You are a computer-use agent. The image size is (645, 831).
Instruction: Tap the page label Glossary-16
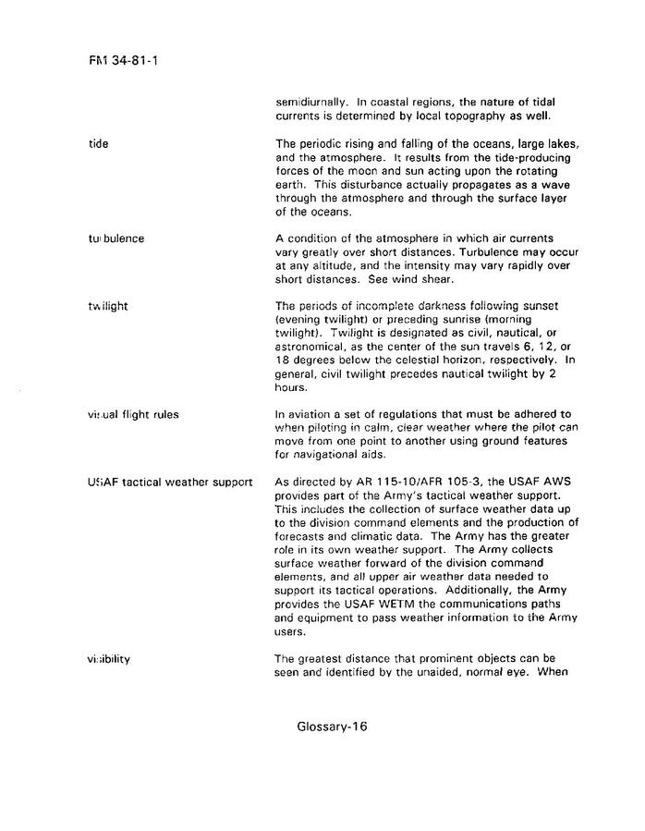[x=333, y=727]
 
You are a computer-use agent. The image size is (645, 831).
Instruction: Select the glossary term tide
[x=97, y=144]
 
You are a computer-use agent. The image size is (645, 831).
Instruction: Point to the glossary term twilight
[x=108, y=306]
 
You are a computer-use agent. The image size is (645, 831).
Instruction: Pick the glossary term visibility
[x=109, y=658]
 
